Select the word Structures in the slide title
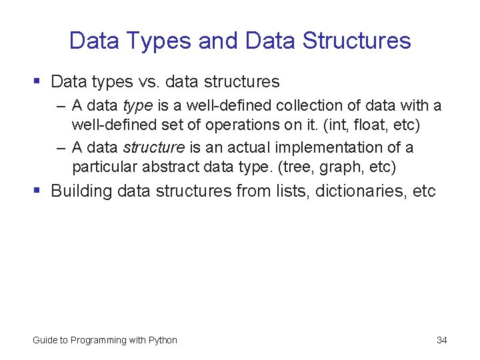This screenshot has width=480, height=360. point(357,41)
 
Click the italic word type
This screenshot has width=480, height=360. point(138,106)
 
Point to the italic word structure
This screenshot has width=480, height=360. point(153,147)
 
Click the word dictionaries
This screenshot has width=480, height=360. point(361,191)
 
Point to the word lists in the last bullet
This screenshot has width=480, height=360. point(291,191)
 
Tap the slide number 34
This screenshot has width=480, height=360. point(441,340)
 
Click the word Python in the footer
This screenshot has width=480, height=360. point(163,340)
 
